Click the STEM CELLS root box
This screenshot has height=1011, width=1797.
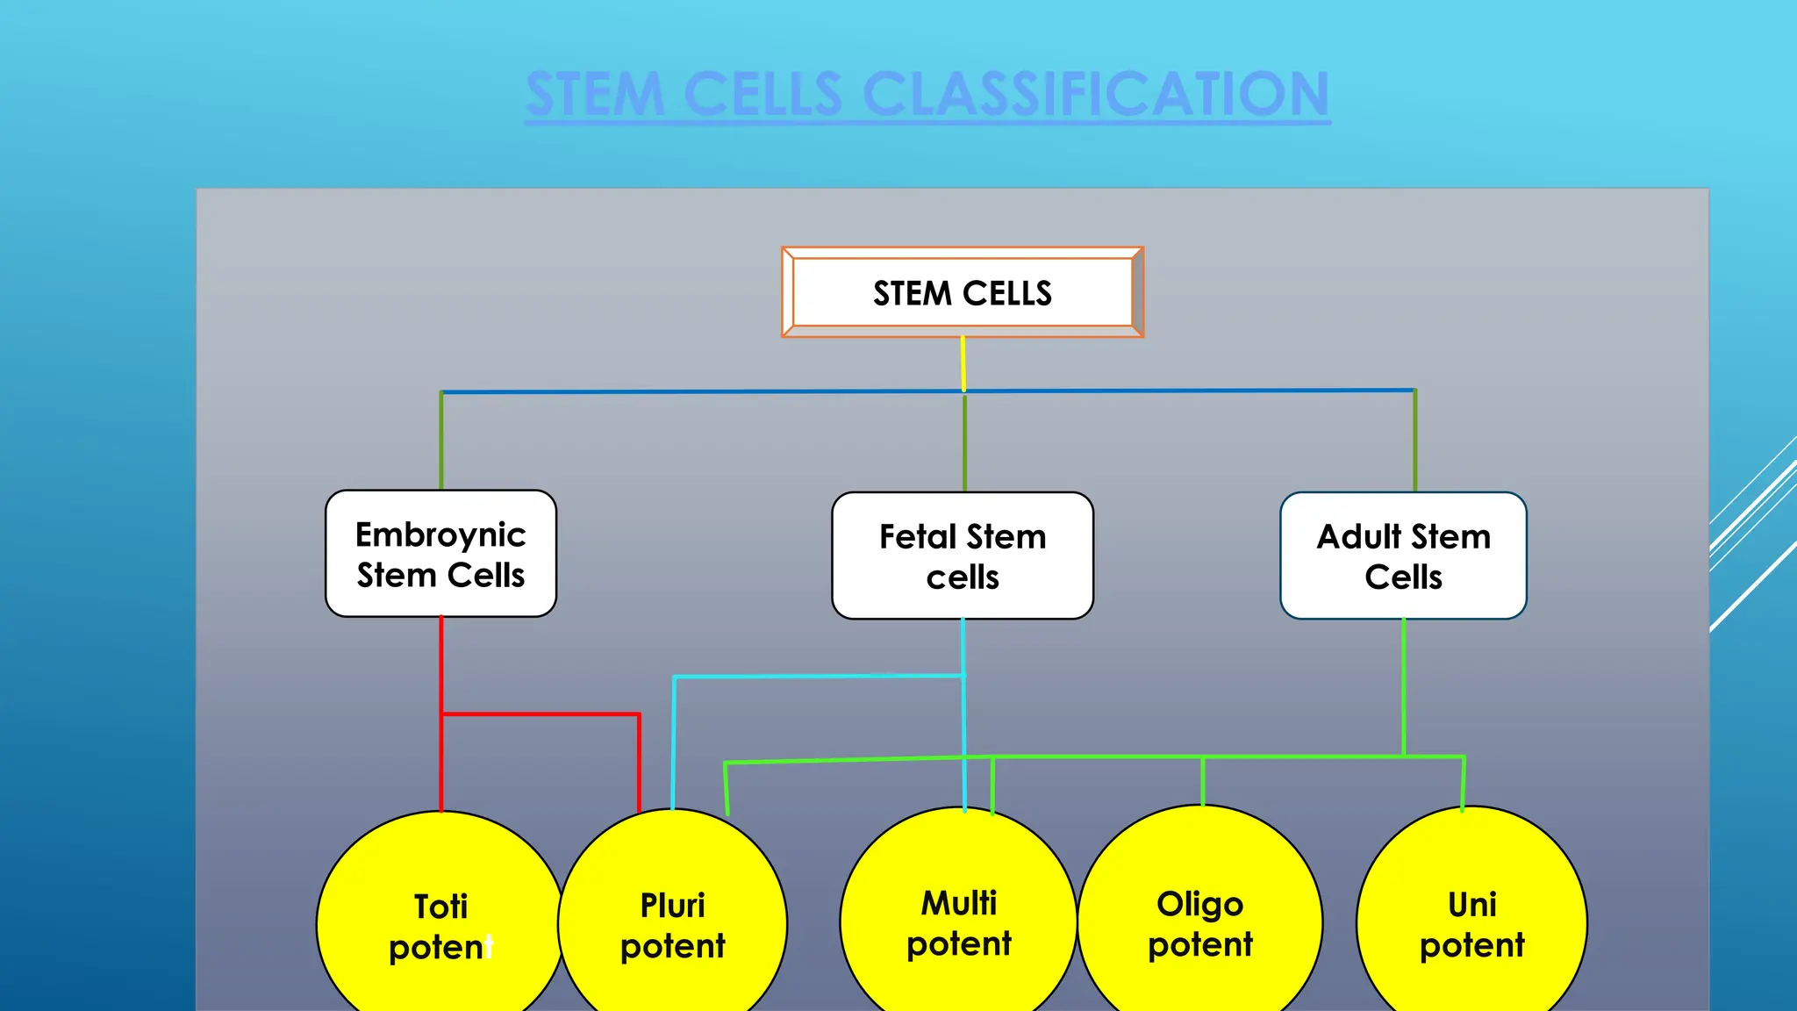coord(963,292)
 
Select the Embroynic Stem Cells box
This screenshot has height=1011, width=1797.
coord(440,554)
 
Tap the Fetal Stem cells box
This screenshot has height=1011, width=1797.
coord(963,556)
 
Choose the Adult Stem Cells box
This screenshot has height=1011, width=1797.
coord(1403,556)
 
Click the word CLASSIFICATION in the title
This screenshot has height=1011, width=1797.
coord(1096,94)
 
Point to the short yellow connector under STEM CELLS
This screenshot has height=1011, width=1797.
coord(963,363)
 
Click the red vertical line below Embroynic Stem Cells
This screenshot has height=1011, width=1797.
coord(440,667)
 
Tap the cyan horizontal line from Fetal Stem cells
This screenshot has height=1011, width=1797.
coord(816,676)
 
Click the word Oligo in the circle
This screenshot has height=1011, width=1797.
coord(1199,904)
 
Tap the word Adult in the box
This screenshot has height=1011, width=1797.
coord(1359,536)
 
